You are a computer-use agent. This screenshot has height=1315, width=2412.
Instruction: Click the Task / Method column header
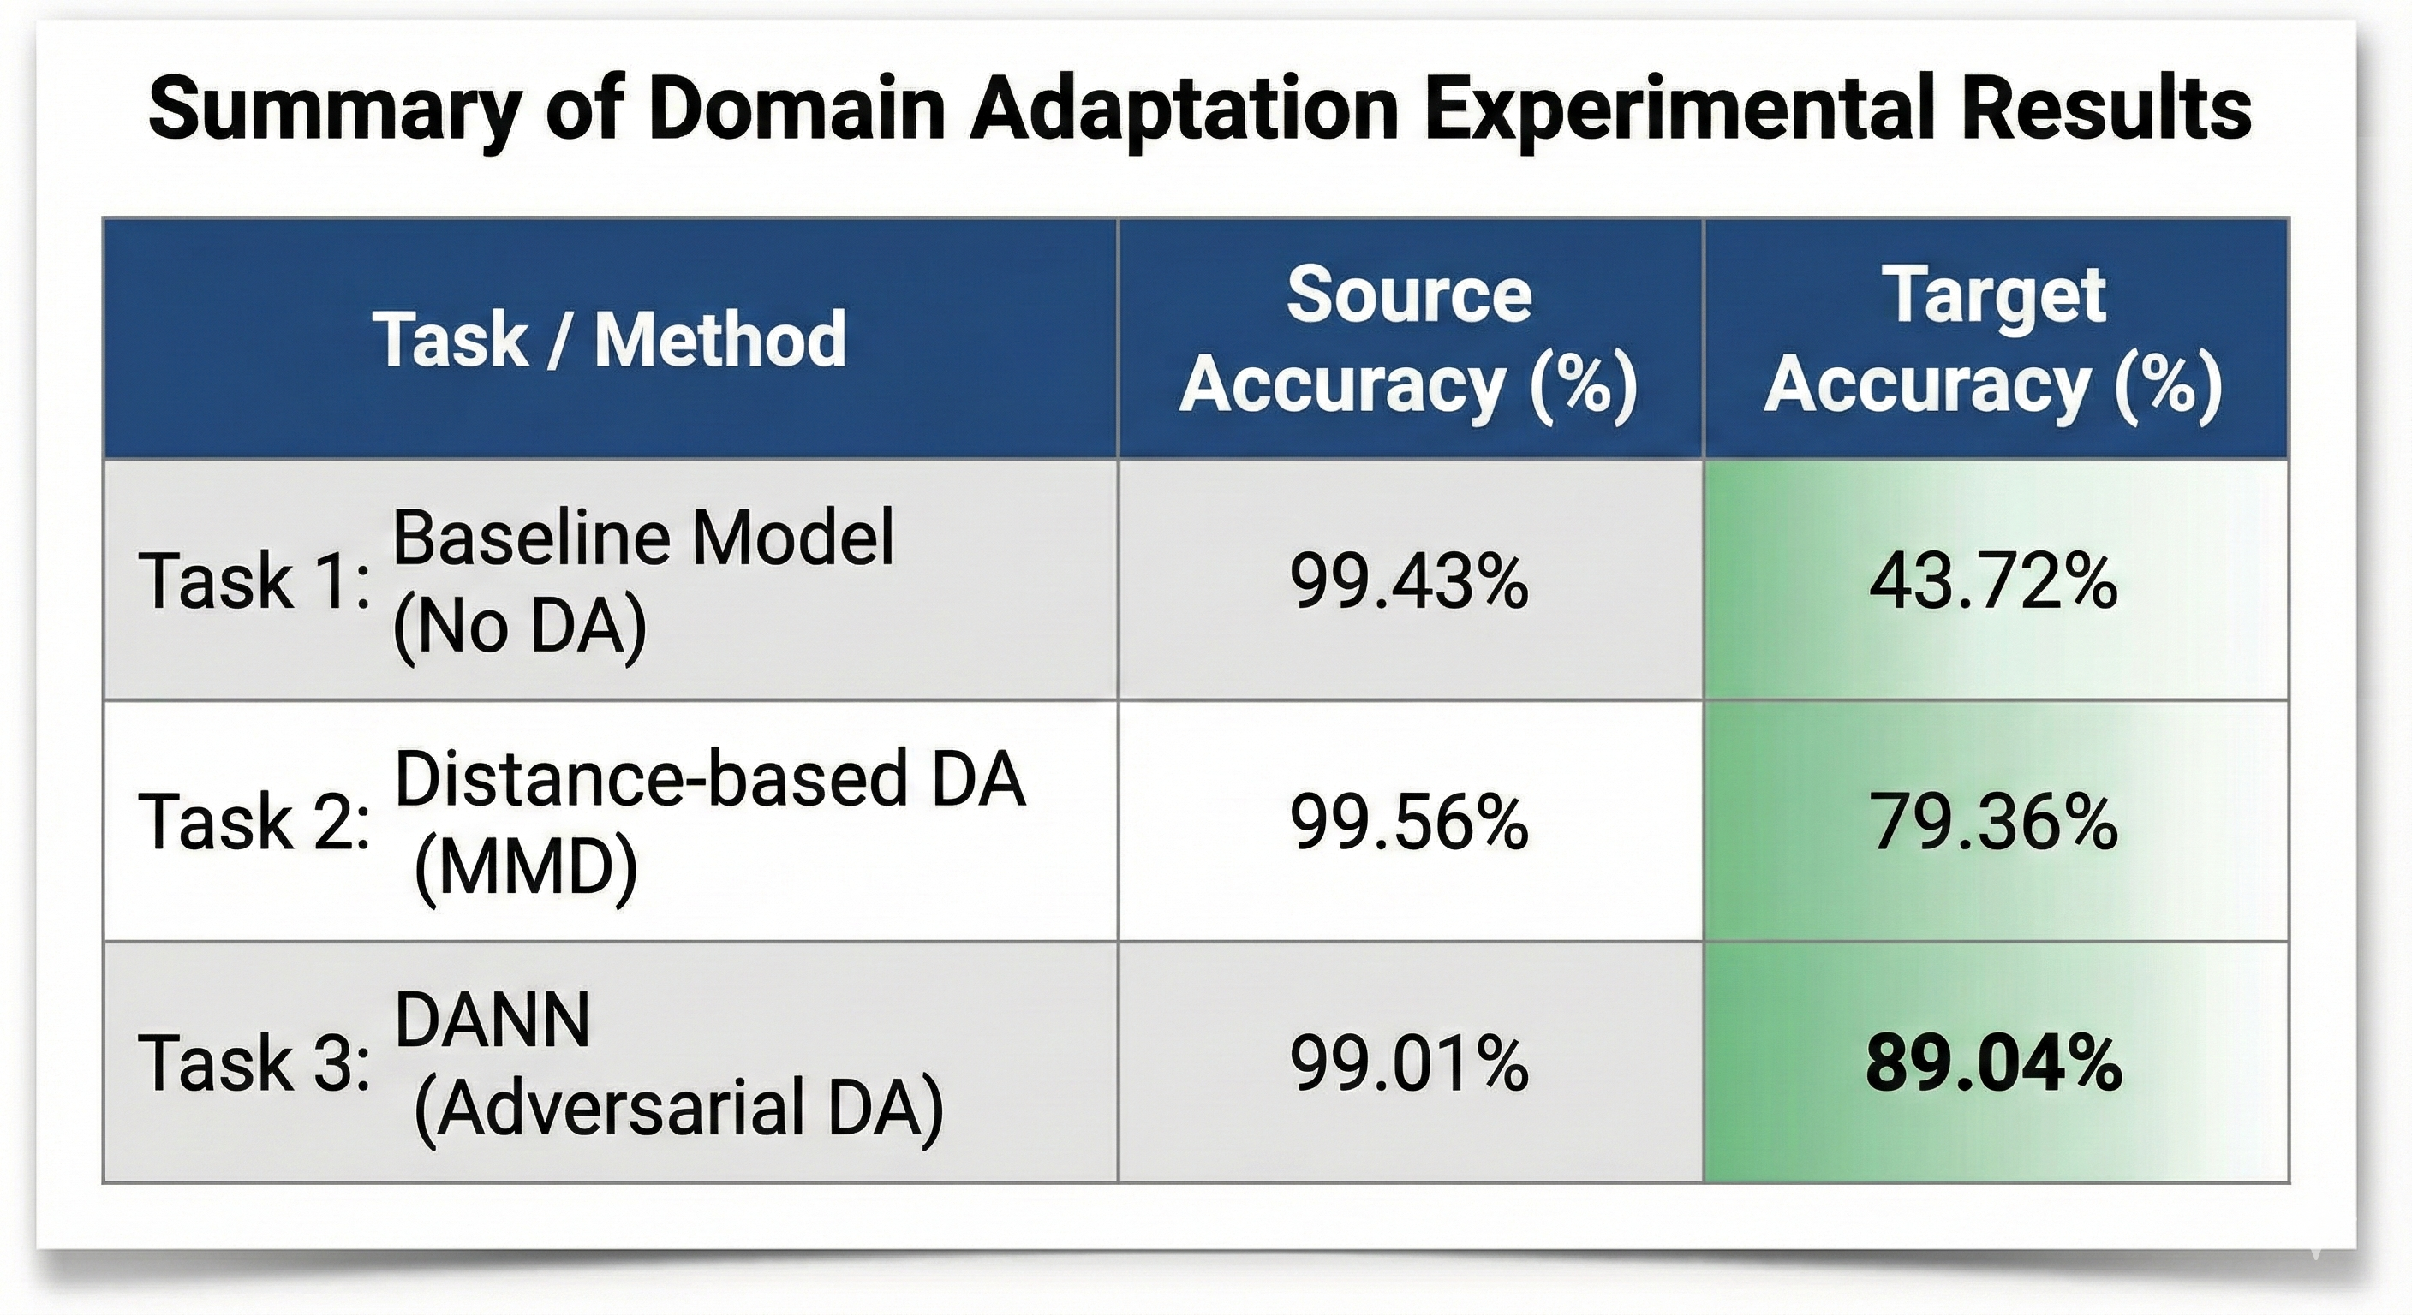[x=610, y=339]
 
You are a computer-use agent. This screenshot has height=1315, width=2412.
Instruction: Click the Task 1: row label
[x=254, y=581]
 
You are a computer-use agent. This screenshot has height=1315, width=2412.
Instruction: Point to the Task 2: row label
[x=254, y=822]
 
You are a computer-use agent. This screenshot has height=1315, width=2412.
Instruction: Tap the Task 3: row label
[x=254, y=1063]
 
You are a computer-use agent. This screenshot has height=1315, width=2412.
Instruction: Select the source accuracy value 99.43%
[x=1409, y=581]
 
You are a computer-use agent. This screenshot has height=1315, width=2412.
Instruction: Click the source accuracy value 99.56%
[x=1409, y=822]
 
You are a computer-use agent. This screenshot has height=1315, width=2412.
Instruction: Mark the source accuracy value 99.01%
[x=1409, y=1063]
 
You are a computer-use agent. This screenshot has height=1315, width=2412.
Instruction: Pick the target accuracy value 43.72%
[x=1993, y=581]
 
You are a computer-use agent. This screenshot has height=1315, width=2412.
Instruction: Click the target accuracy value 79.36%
[x=1993, y=822]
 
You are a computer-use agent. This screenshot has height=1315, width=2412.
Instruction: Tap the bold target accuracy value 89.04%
[x=1993, y=1063]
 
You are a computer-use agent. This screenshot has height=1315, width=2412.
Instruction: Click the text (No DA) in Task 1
[x=520, y=627]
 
